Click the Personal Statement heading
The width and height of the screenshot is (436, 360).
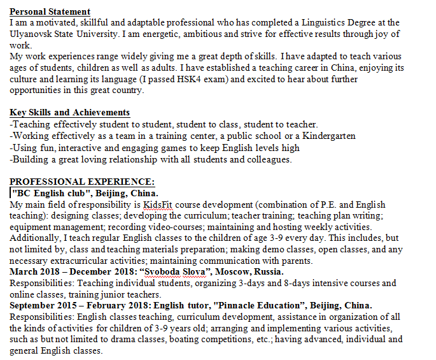(50, 12)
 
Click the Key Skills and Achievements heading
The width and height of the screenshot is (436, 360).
(69, 113)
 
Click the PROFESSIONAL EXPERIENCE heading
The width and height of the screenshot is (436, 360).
(81, 182)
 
